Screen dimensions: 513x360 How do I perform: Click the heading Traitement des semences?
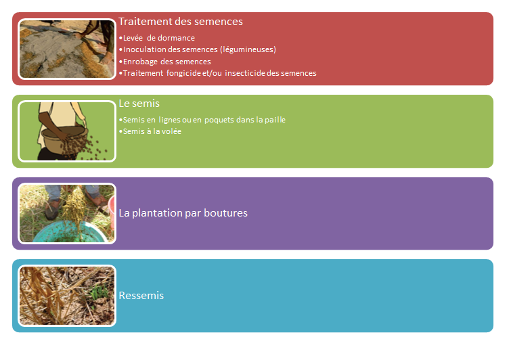coord(181,22)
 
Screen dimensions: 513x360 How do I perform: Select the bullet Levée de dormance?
coord(157,38)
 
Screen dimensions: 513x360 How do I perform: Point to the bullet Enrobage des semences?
coord(165,62)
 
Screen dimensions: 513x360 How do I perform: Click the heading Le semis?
coord(139,104)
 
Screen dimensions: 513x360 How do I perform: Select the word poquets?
coord(219,120)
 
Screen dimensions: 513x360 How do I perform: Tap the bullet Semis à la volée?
coord(150,131)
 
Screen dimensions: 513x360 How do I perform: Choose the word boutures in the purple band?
coord(226,213)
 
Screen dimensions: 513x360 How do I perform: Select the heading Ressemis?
coord(141,296)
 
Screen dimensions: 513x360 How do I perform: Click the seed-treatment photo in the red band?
coord(67,49)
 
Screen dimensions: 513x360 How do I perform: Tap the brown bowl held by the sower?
coord(64,140)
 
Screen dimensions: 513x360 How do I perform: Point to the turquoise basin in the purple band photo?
coord(69,231)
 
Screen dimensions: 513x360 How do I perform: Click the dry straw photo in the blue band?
coord(67,296)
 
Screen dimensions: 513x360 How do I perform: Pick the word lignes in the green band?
coord(169,120)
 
